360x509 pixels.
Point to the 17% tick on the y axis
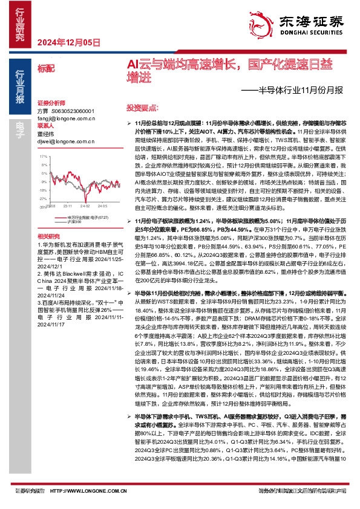click(44, 156)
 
